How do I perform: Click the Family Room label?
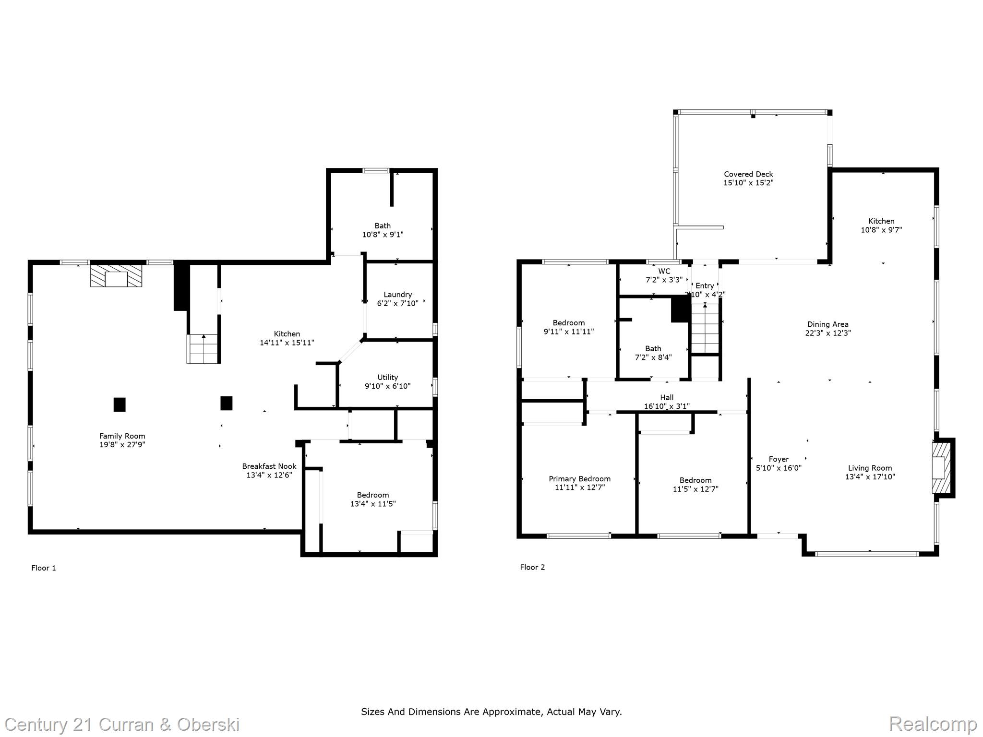(x=122, y=436)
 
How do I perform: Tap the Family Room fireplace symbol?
(x=116, y=275)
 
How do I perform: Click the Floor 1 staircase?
(x=203, y=349)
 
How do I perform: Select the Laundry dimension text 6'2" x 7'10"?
(x=397, y=303)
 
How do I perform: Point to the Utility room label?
(x=387, y=377)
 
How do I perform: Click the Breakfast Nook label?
(x=269, y=466)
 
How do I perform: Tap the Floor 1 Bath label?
(x=383, y=226)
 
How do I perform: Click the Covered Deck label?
(x=748, y=174)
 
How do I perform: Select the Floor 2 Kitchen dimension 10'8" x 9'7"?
(x=881, y=230)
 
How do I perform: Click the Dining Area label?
(x=827, y=324)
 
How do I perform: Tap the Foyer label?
(x=779, y=459)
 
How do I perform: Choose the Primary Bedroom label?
(x=579, y=479)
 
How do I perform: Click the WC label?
(x=664, y=271)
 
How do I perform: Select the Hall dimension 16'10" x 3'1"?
(x=667, y=406)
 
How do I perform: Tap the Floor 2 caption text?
(x=532, y=567)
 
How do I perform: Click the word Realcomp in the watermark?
(x=933, y=724)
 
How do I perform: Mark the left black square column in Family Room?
(x=120, y=404)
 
